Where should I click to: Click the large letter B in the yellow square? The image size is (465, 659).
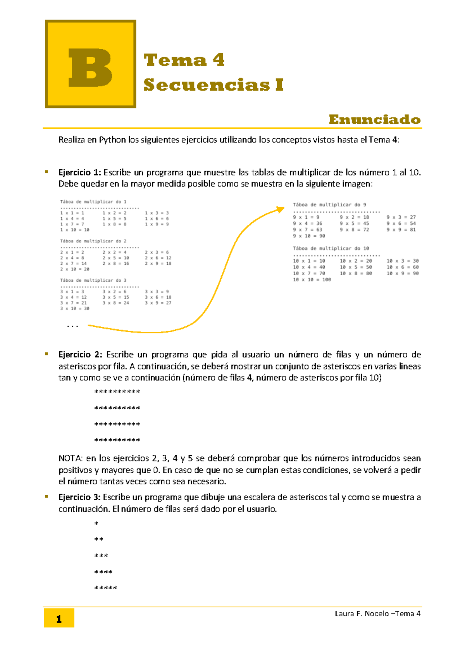coord(90,68)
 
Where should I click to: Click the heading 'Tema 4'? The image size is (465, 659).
coord(184,60)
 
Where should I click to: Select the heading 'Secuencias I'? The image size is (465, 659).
coord(214,85)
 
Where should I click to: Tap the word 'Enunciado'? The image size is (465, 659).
coord(374,119)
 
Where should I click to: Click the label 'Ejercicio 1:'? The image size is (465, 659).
coord(79,172)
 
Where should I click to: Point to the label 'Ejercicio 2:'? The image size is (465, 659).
coord(80,354)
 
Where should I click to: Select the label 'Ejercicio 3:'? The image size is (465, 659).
coord(79,497)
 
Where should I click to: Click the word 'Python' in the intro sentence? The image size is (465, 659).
coord(112,140)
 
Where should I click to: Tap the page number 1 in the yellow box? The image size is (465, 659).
coord(59,619)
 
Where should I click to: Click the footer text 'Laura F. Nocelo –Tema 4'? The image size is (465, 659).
coord(377,614)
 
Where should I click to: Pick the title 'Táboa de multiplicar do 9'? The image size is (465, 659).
coord(329,205)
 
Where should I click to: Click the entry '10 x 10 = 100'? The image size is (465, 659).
coord(312,279)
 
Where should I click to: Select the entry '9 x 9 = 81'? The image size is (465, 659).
coord(401,230)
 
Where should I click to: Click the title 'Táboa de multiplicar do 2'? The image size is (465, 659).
coord(93,241)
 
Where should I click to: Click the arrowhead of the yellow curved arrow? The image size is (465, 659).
coord(281,210)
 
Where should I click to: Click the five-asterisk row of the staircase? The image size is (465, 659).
coord(105,588)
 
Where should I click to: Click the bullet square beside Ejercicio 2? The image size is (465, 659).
coord(46,354)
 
